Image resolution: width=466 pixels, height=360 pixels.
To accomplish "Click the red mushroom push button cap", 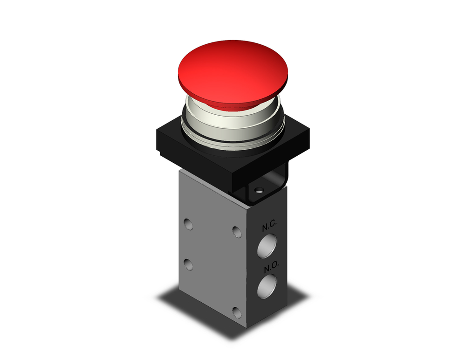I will pos(233,70).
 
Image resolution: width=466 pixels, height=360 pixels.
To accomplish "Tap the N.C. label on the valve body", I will pos(269,228).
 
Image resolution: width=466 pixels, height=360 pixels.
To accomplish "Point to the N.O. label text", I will pos(270,269).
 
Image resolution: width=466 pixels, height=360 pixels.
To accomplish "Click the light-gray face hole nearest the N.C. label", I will pos(236,232).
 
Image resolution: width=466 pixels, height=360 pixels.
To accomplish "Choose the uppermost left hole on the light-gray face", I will pos(188,224).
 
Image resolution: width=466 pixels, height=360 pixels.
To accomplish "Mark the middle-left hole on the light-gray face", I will pos(188,264).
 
